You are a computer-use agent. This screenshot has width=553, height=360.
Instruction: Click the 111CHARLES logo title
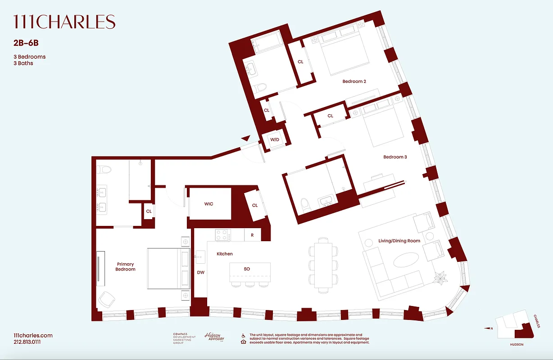click(64, 22)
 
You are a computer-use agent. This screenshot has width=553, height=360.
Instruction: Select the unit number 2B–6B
click(26, 44)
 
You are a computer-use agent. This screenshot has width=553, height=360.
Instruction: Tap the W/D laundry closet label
click(275, 140)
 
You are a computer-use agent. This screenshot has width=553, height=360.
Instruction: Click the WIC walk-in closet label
click(209, 204)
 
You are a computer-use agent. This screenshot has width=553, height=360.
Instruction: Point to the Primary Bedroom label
click(125, 267)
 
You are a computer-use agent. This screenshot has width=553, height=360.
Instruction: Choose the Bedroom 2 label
click(354, 81)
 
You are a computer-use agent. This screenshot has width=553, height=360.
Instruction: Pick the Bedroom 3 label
click(395, 157)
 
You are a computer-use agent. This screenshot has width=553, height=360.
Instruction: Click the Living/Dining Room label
click(399, 241)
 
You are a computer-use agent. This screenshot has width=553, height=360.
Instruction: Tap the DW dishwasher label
click(200, 272)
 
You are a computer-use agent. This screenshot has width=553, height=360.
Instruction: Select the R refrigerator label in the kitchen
click(252, 235)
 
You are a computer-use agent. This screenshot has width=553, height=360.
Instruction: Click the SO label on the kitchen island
click(247, 269)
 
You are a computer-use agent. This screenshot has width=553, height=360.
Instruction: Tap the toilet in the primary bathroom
click(106, 169)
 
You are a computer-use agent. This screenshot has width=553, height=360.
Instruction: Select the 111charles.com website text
click(33, 336)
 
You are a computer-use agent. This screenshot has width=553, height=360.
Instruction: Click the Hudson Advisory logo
click(214, 337)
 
